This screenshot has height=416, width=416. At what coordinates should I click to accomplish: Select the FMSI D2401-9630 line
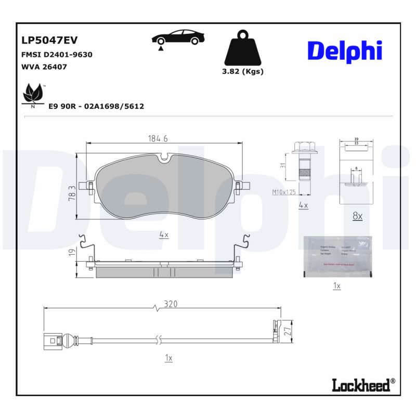coord(57,55)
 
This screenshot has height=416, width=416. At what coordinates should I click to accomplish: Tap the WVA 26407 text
coord(44,67)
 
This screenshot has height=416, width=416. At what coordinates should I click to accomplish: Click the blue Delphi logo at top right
coord(345,50)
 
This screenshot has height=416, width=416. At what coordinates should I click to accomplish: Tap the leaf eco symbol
coord(34,95)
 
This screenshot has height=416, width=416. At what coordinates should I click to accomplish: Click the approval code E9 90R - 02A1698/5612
coord(96,106)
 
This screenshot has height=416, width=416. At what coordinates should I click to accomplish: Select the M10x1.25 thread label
coord(283,192)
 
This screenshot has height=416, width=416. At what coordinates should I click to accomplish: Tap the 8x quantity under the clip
coord(357,216)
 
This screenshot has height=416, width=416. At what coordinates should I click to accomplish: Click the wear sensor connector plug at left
coord(52,342)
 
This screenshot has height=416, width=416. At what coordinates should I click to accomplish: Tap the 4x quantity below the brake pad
coord(164,235)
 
